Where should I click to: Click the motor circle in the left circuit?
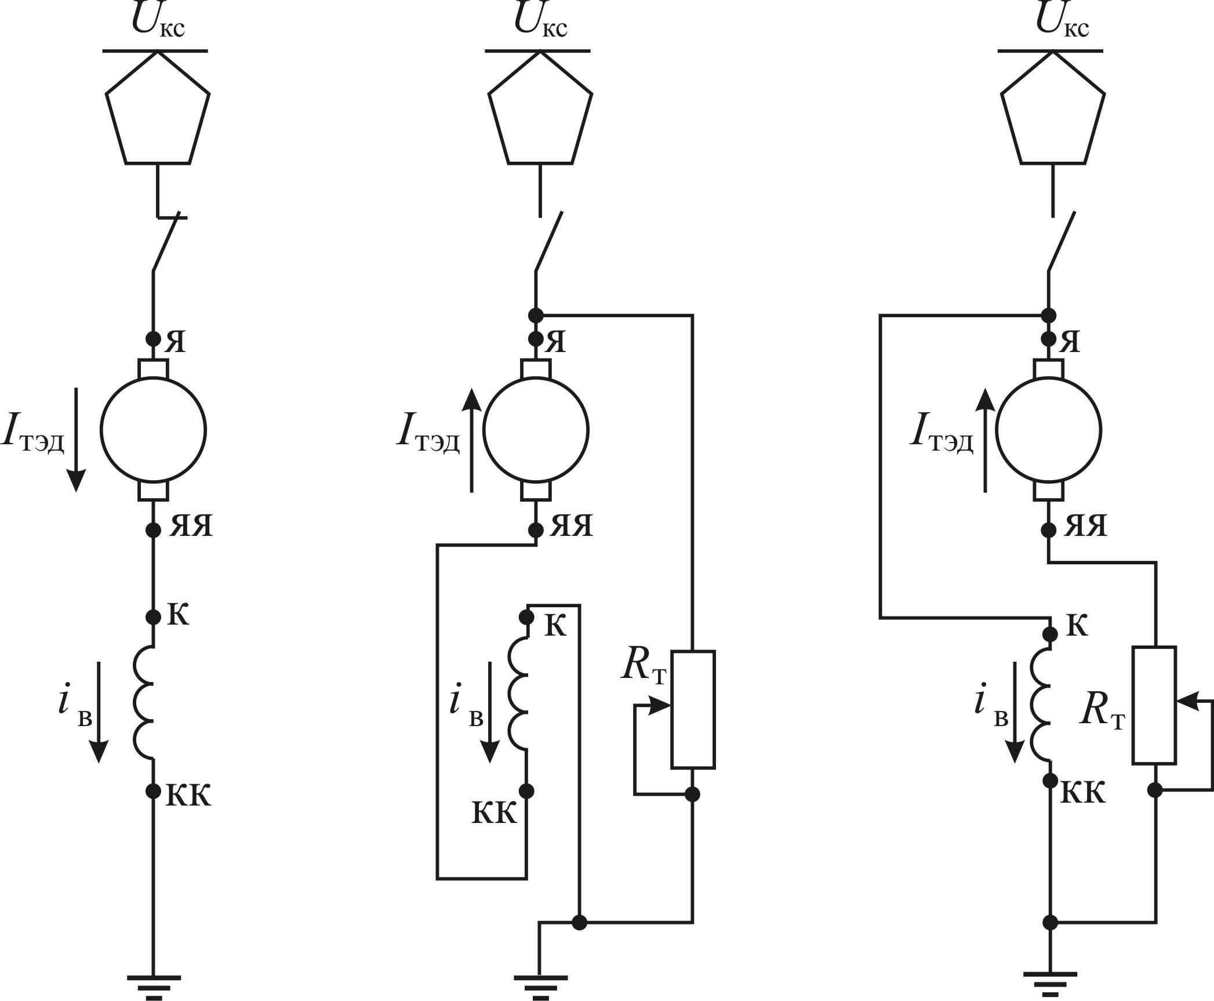(x=153, y=430)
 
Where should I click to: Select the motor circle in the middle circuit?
(x=536, y=430)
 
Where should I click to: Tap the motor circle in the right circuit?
(x=1048, y=430)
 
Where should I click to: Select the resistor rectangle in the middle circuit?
(x=693, y=709)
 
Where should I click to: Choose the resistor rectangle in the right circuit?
(x=1154, y=705)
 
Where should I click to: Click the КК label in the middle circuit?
(x=493, y=814)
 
